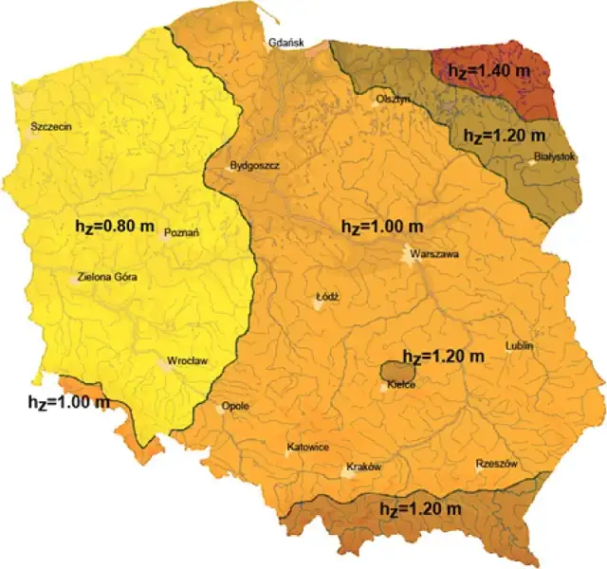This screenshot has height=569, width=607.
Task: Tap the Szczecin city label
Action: pyautogui.click(x=51, y=126)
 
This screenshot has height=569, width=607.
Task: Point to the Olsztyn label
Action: pyautogui.click(x=392, y=99)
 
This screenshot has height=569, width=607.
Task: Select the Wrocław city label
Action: pyautogui.click(x=187, y=361)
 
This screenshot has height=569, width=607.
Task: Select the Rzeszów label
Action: pyautogui.click(x=496, y=464)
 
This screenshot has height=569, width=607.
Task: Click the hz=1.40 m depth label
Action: pyautogui.click(x=490, y=71)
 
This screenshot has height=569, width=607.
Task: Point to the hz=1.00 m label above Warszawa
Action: pyautogui.click(x=382, y=228)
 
